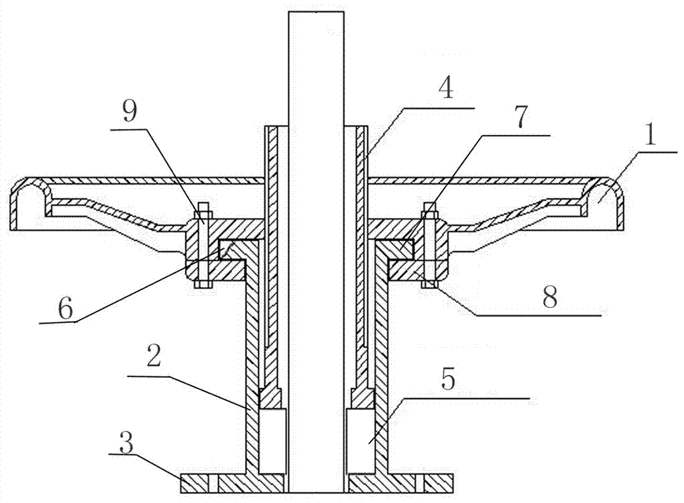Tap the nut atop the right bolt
coord(430,208)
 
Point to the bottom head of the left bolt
coord(203,284)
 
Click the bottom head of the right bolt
coord(430,283)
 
